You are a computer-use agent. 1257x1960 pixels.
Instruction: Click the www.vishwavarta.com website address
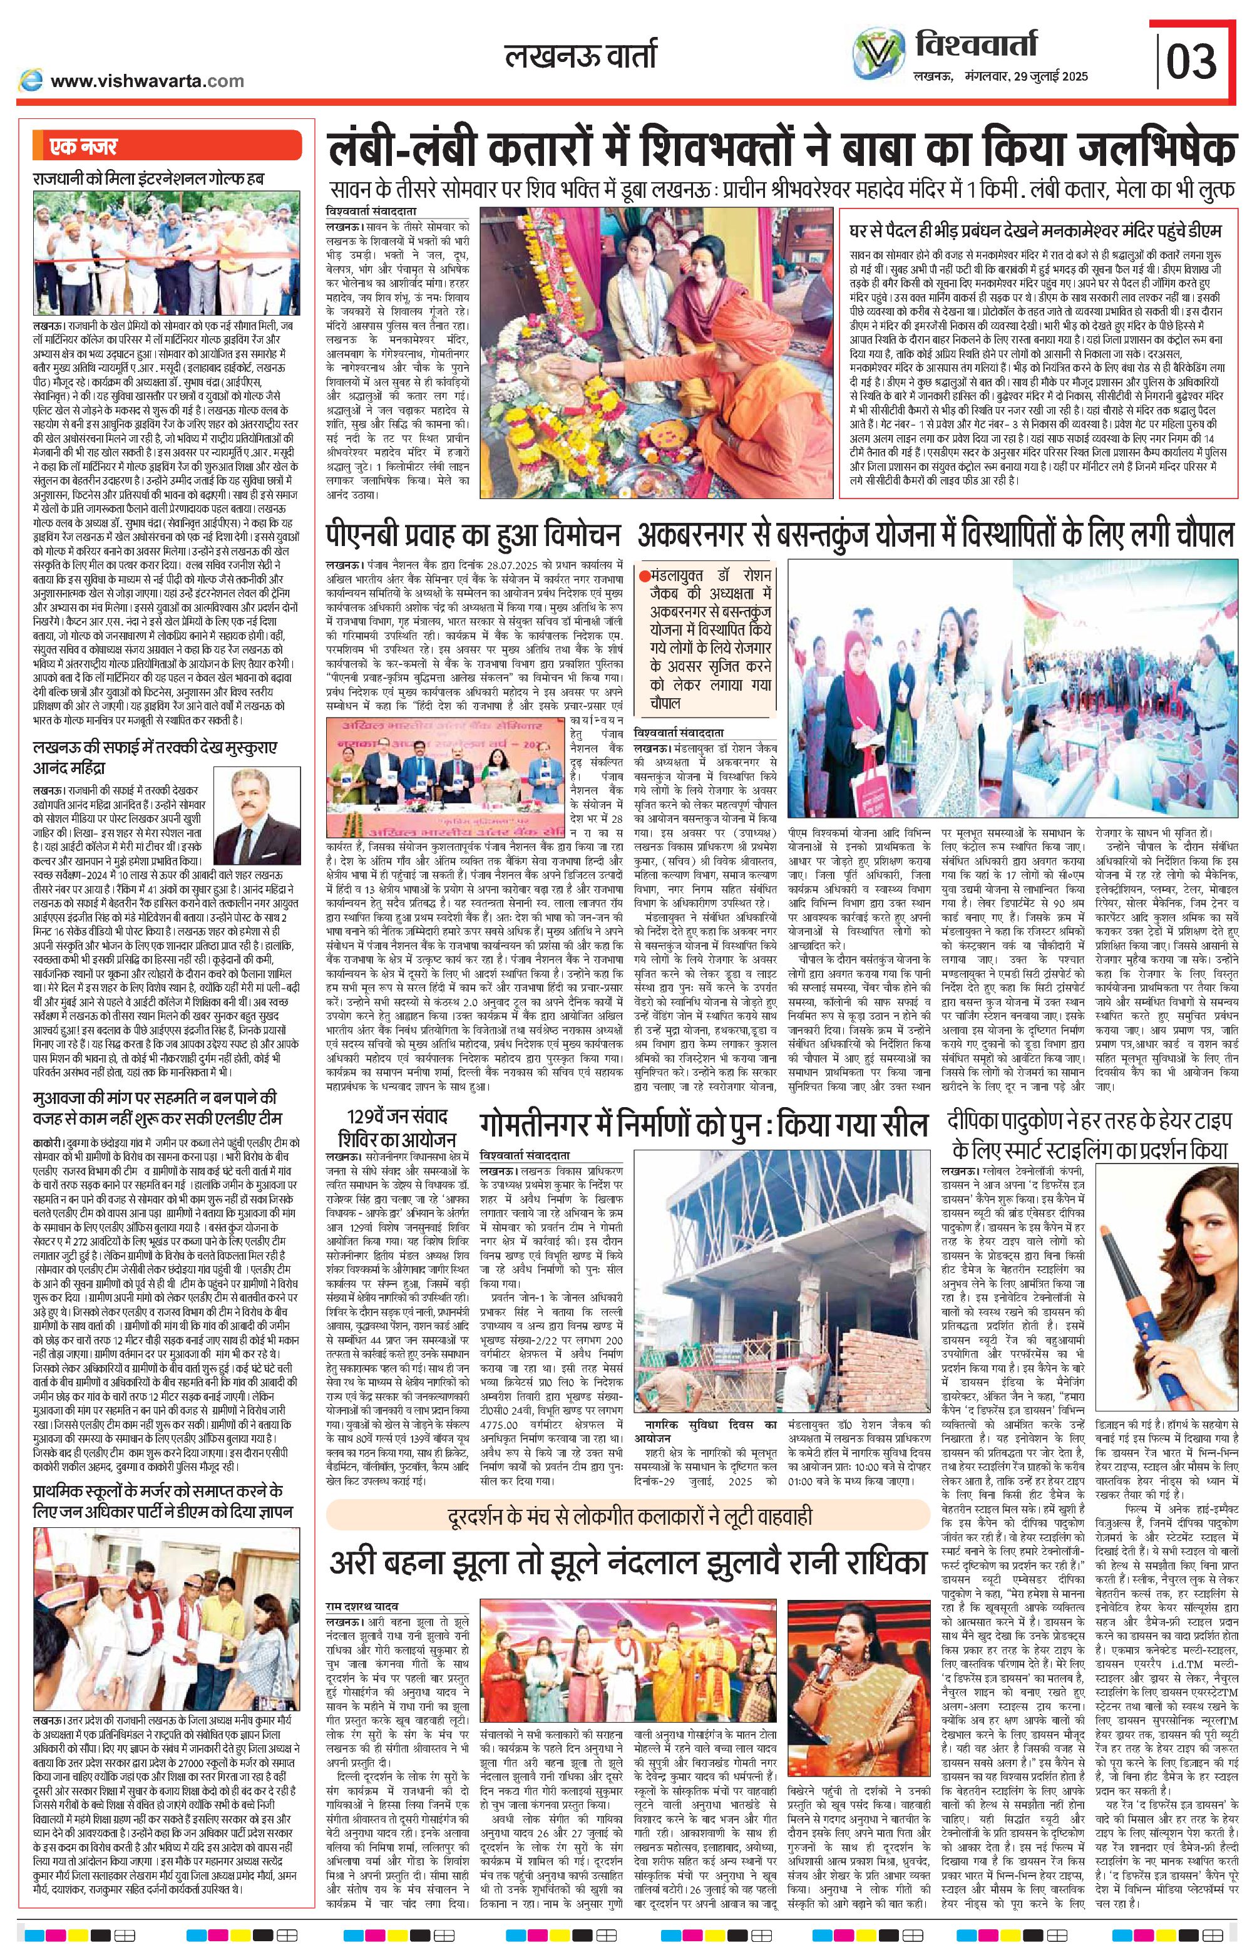[147, 81]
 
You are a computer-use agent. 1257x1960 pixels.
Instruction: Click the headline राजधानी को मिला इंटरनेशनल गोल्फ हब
[148, 177]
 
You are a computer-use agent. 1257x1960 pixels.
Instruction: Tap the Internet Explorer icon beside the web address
[31, 81]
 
